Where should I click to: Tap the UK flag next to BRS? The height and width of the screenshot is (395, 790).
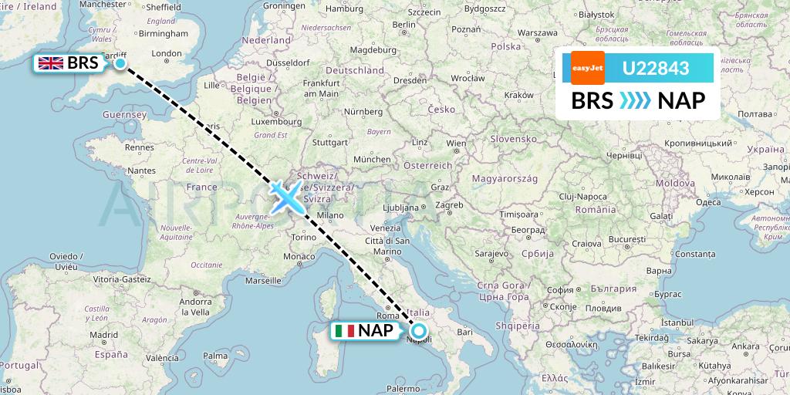click(x=51, y=63)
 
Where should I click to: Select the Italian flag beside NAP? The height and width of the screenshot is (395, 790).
click(x=344, y=332)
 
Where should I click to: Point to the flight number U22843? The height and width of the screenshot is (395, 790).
click(x=656, y=69)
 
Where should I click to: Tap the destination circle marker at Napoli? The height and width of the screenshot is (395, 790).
click(x=418, y=332)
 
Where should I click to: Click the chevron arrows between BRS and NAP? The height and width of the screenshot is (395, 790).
click(x=636, y=101)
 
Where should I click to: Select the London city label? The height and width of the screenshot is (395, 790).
click(x=167, y=54)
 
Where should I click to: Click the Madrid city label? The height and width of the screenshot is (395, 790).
click(x=103, y=335)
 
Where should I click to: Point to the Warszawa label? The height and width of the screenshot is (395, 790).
click(x=538, y=34)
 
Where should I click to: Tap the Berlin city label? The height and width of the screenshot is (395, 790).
click(x=403, y=25)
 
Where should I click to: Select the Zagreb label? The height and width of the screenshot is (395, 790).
click(x=449, y=205)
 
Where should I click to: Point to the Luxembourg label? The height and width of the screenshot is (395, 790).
click(x=275, y=121)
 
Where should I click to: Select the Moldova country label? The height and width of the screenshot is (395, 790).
click(x=677, y=183)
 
